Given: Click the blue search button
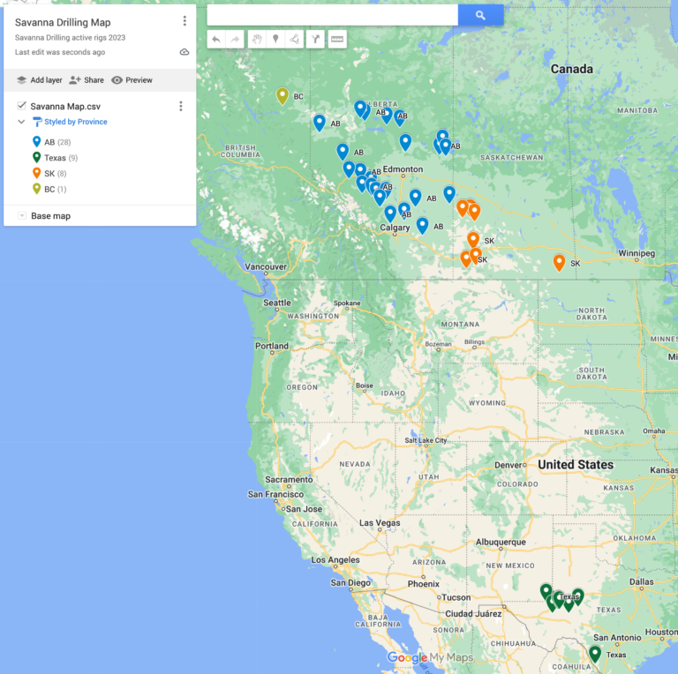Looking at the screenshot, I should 480,15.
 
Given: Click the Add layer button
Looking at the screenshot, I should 39,80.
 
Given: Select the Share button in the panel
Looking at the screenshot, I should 87,80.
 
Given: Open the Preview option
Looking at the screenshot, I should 132,80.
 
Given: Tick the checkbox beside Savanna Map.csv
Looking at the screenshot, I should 22,106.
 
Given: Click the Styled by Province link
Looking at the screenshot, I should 75,122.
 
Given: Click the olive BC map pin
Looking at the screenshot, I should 282,95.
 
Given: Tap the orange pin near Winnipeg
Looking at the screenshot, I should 559,261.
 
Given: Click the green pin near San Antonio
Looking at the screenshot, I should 595,653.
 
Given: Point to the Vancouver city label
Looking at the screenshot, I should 266,266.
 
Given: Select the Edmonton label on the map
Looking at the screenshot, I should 403,169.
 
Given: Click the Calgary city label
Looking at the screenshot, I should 395,228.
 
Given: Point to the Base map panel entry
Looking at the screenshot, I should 50,216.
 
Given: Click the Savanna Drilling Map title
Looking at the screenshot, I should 63,22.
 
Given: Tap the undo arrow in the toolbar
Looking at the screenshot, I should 216,40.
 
